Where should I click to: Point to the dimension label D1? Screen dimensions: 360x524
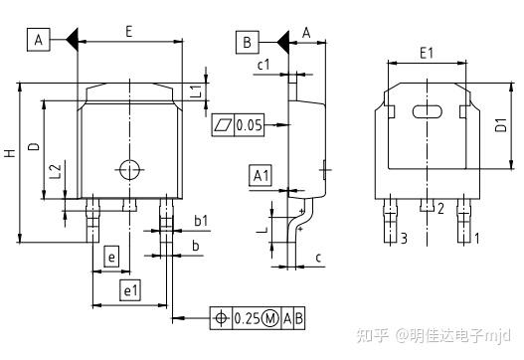pyautogui.click(x=501, y=125)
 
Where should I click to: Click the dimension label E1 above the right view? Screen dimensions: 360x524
pyautogui.click(x=426, y=51)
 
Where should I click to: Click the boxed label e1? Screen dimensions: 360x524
pyautogui.click(x=129, y=290)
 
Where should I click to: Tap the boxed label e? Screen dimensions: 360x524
pyautogui.click(x=111, y=259)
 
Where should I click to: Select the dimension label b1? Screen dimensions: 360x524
pyautogui.click(x=200, y=220)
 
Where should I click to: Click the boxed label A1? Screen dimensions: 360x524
pyautogui.click(x=260, y=176)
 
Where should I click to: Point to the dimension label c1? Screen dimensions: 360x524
pyautogui.click(x=264, y=66)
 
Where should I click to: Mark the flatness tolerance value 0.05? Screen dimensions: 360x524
pyautogui.click(x=250, y=125)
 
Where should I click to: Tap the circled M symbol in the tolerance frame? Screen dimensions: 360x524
pyautogui.click(x=268, y=318)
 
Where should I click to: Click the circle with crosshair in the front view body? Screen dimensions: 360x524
pyautogui.click(x=125, y=167)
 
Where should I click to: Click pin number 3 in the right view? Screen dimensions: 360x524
pyautogui.click(x=404, y=238)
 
